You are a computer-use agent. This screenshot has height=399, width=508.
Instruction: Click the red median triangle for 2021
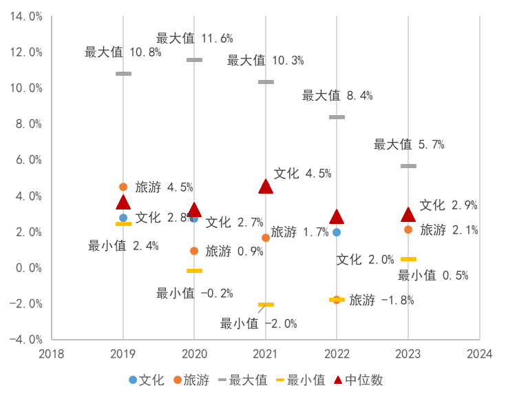tap(266, 186)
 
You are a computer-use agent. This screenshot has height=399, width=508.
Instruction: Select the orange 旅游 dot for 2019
tap(123, 187)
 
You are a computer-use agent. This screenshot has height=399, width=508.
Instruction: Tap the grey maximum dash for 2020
tap(194, 60)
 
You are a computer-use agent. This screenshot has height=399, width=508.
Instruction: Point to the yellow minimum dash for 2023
tap(408, 259)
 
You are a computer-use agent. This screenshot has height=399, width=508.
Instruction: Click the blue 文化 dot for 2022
tap(337, 232)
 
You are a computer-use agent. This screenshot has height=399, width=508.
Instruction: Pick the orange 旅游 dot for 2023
tap(408, 229)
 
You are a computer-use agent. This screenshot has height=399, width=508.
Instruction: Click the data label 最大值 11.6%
tap(194, 39)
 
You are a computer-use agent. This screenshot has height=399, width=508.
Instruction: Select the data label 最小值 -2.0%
tap(258, 323)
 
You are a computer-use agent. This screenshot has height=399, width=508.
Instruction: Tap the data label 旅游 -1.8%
tap(381, 300)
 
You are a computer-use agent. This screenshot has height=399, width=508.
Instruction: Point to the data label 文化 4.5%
tap(302, 174)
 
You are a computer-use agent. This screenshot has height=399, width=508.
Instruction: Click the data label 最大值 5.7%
tap(409, 145)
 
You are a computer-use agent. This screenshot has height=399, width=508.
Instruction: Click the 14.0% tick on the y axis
tap(26, 16)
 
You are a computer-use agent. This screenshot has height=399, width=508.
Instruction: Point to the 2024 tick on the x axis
tap(479, 354)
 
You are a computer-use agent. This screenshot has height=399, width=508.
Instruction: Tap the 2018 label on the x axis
tap(52, 354)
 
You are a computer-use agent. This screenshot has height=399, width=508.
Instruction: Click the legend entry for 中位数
tap(358, 380)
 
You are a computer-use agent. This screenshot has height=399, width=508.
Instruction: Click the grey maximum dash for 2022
tap(337, 117)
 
